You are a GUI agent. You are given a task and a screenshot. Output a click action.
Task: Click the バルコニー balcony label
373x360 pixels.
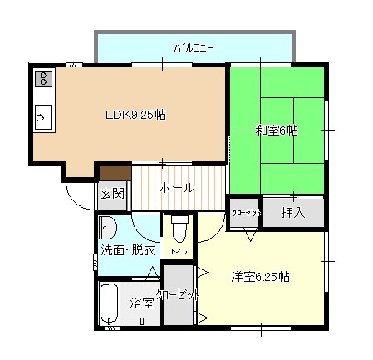[x=194, y=48]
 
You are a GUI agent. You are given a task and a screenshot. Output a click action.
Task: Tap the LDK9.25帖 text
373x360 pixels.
[x=135, y=115]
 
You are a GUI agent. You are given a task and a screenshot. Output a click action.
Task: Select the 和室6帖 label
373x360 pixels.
[x=277, y=131]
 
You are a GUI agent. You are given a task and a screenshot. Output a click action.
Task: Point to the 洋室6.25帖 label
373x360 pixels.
[x=260, y=277]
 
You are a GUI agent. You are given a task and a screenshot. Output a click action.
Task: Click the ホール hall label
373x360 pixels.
[x=177, y=188]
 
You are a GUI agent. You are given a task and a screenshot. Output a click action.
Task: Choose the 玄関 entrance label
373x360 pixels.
[x=112, y=193]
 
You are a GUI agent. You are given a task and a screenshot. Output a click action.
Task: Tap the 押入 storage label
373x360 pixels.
[x=293, y=213]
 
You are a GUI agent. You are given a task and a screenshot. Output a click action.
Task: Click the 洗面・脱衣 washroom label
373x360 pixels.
[x=129, y=250]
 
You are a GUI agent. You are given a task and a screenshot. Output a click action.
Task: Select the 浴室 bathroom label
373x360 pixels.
[x=142, y=303]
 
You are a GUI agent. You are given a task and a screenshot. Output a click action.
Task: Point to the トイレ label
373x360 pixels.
[x=179, y=252]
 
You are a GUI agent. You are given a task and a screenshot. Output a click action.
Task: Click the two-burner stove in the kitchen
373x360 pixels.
[x=43, y=79]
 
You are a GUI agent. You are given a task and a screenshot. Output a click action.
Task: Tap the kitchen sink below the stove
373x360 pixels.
[x=43, y=117]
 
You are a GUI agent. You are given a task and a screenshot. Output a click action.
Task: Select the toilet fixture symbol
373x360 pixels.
[x=179, y=229]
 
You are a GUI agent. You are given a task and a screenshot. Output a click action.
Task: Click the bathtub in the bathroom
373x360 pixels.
[x=110, y=303]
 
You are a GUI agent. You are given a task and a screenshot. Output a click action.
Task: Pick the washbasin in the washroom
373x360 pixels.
[x=108, y=228]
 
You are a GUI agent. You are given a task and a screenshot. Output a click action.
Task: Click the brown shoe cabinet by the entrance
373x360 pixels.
[x=115, y=174]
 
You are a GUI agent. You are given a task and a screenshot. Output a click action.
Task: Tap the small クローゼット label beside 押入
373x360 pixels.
[x=247, y=213]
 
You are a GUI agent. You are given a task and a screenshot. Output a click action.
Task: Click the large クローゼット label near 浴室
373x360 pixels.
[x=178, y=295]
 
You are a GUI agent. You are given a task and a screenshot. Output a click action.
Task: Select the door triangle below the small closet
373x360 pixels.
[x=251, y=236]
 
